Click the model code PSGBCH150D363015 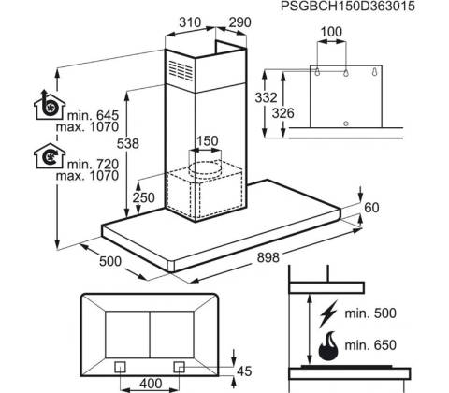348,7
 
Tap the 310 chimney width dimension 190,22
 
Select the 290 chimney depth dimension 239,22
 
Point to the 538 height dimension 128,143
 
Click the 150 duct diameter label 207,141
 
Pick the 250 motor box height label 143,197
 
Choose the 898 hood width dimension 268,257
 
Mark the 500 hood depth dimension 110,261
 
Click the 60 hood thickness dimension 371,208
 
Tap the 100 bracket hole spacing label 331,32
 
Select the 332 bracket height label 266,97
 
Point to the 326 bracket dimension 283,113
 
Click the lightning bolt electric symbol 328,313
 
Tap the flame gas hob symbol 328,345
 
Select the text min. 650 370,345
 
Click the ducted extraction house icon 50,105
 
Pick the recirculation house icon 50,156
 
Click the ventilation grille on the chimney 181,70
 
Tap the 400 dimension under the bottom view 151,384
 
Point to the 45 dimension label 244,371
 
